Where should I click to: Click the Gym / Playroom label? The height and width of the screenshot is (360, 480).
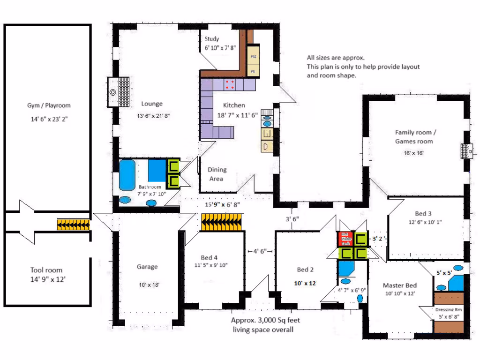click(x=49, y=105)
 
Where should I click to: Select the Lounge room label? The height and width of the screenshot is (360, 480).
click(x=152, y=104)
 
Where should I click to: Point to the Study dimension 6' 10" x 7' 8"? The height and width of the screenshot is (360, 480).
click(x=219, y=48)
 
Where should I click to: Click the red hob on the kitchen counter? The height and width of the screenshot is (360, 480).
click(x=230, y=85)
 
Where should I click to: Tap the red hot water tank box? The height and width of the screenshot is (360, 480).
click(x=345, y=238)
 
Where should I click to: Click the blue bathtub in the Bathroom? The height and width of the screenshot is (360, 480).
click(x=127, y=174)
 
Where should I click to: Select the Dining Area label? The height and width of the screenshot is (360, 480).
click(x=217, y=174)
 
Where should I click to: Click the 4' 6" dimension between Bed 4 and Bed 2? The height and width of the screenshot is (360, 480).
click(x=260, y=251)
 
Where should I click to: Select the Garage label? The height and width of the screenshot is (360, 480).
click(x=147, y=267)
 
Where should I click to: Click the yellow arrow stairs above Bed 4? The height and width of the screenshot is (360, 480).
click(x=223, y=222)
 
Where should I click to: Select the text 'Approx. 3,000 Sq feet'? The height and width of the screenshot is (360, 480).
click(x=265, y=321)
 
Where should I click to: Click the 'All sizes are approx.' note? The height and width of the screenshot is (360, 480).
click(x=336, y=58)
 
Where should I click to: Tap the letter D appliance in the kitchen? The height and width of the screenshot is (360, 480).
click(x=266, y=147)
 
